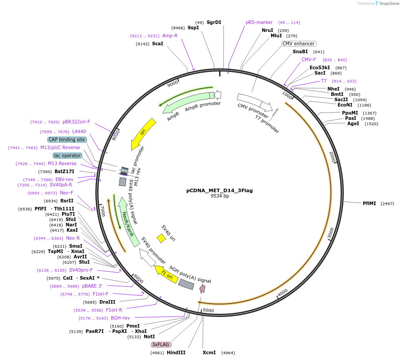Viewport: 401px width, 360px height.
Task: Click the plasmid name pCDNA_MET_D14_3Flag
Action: pyautogui.click(x=219, y=190)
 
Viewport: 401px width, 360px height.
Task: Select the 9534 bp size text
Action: pyautogui.click(x=220, y=196)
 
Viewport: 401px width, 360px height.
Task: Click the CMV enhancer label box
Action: pyautogui.click(x=299, y=44)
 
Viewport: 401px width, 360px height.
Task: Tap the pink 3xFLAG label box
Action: pyautogui.click(x=161, y=344)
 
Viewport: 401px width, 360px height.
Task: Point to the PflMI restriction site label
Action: pyautogui.click(x=369, y=203)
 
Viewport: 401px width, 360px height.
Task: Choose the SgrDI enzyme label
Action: pyautogui.click(x=214, y=22)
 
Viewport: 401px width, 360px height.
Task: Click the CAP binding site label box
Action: pyautogui.click(x=67, y=139)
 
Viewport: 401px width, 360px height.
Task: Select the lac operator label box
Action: pyautogui.click(x=67, y=155)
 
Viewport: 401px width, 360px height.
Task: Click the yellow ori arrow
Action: pyautogui.click(x=143, y=134)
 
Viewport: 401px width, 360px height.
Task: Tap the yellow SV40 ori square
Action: pyautogui.click(x=161, y=238)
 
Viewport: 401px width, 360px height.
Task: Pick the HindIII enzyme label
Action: pyautogui.click(x=176, y=352)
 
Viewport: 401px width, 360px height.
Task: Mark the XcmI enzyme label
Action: pyautogui.click(x=209, y=352)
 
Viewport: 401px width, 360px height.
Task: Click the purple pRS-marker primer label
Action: pyautogui.click(x=259, y=22)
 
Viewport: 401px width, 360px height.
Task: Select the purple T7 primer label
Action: pyautogui.click(x=324, y=81)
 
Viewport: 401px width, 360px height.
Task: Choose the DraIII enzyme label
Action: pyautogui.click(x=107, y=302)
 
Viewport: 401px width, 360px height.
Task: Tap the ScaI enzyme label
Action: pyautogui.click(x=157, y=44)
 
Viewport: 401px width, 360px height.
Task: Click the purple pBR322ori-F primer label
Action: pyautogui.click(x=76, y=122)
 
